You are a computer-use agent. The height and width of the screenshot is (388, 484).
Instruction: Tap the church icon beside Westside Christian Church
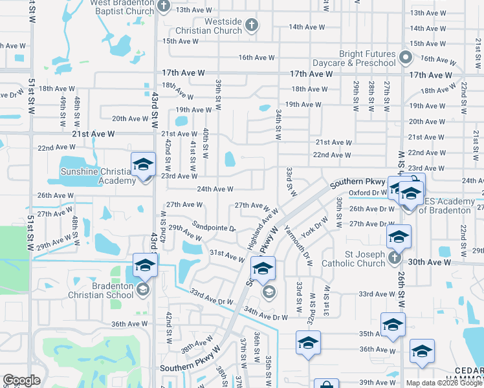pyautogui.click(x=252, y=26)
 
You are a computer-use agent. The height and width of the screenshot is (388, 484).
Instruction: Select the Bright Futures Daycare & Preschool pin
pyautogui.click(x=406, y=58)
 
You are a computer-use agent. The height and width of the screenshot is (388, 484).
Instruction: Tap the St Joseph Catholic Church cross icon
pyautogui.click(x=395, y=259)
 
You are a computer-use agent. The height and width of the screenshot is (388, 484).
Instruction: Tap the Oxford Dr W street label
pyautogui.click(x=366, y=192)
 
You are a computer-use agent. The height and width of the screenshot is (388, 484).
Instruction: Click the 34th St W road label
pyautogui.click(x=278, y=124)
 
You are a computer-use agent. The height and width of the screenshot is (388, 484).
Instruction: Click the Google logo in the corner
pyautogui.click(x=21, y=380)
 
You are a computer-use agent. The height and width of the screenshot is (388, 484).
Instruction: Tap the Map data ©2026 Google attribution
pyautogui.click(x=443, y=383)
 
